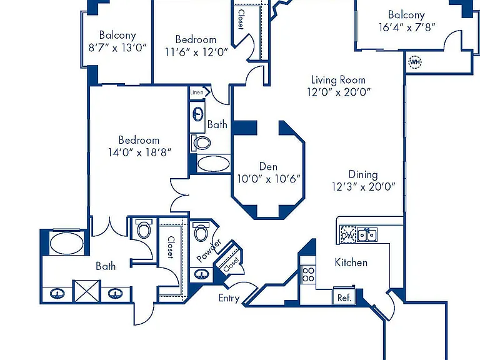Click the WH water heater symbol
pyautogui.click(x=415, y=62)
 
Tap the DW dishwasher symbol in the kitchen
pyautogui.click(x=348, y=234)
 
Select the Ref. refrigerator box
pyautogui.click(x=344, y=297)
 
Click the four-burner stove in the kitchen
pyautogui.click(x=308, y=274)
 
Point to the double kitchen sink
pyautogui.click(x=367, y=235)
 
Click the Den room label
pyautogui.click(x=268, y=166)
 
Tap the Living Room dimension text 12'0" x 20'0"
pyautogui.click(x=339, y=92)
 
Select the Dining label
pyautogui.click(x=363, y=175)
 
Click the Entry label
pyautogui.click(x=229, y=298)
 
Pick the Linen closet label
pyautogui.click(x=196, y=92)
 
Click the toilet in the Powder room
pyautogui.click(x=201, y=232)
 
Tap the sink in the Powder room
pyautogui.click(x=201, y=274)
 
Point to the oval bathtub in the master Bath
pyautogui.click(x=66, y=243)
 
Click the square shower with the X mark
pyautogui.click(x=87, y=291)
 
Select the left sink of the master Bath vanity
pyautogui.click(x=57, y=294)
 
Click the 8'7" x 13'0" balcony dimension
pyautogui.click(x=117, y=47)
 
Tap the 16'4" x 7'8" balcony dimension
pyautogui.click(x=406, y=27)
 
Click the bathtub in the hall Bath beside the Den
pyautogui.click(x=213, y=164)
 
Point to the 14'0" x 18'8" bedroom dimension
pyautogui.click(x=139, y=152)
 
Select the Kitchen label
pyautogui.click(x=351, y=262)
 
